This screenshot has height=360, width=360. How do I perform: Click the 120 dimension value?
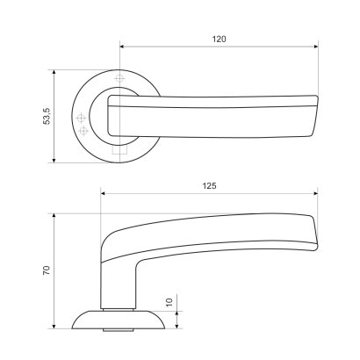point(219,39)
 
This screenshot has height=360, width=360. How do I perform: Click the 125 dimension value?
point(209,186)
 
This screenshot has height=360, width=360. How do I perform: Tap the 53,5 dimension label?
point(47,116)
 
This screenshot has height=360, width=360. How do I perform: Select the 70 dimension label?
point(47,270)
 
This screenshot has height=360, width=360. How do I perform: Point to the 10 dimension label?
point(169,302)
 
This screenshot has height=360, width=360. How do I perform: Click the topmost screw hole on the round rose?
point(119,78)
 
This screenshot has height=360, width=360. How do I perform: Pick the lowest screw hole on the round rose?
point(83,131)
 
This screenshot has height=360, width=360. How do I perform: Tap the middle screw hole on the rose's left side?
point(81,118)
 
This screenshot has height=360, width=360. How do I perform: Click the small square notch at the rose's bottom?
point(119,150)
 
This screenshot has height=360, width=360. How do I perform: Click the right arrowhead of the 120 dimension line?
point(316,47)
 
